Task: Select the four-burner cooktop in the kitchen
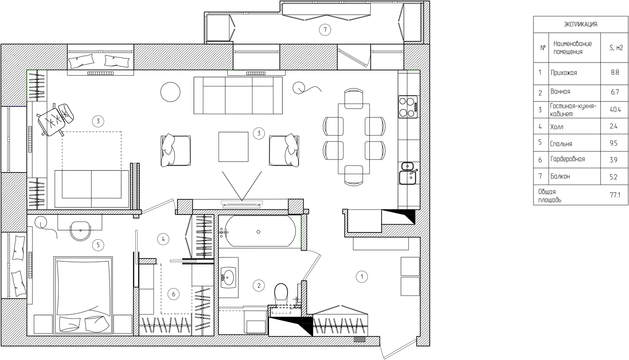pos(408,107)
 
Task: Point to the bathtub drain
pos(258,232)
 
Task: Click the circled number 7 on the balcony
pos(325,29)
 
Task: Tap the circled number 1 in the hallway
pos(361,277)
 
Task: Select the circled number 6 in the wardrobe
pos(174,294)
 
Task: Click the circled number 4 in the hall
pos(163,240)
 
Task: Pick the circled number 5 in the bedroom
pos(98,245)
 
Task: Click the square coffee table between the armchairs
pos(233,147)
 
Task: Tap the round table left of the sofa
pos(170,92)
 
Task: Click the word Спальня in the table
pos(561,144)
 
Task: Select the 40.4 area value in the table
pos(615,110)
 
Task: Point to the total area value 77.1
pos(615,195)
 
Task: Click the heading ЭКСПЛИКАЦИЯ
pos(581,24)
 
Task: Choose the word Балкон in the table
pos(560,176)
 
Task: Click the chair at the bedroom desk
pos(81,231)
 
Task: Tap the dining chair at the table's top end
pos(354,98)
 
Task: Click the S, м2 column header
pos(616,48)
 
